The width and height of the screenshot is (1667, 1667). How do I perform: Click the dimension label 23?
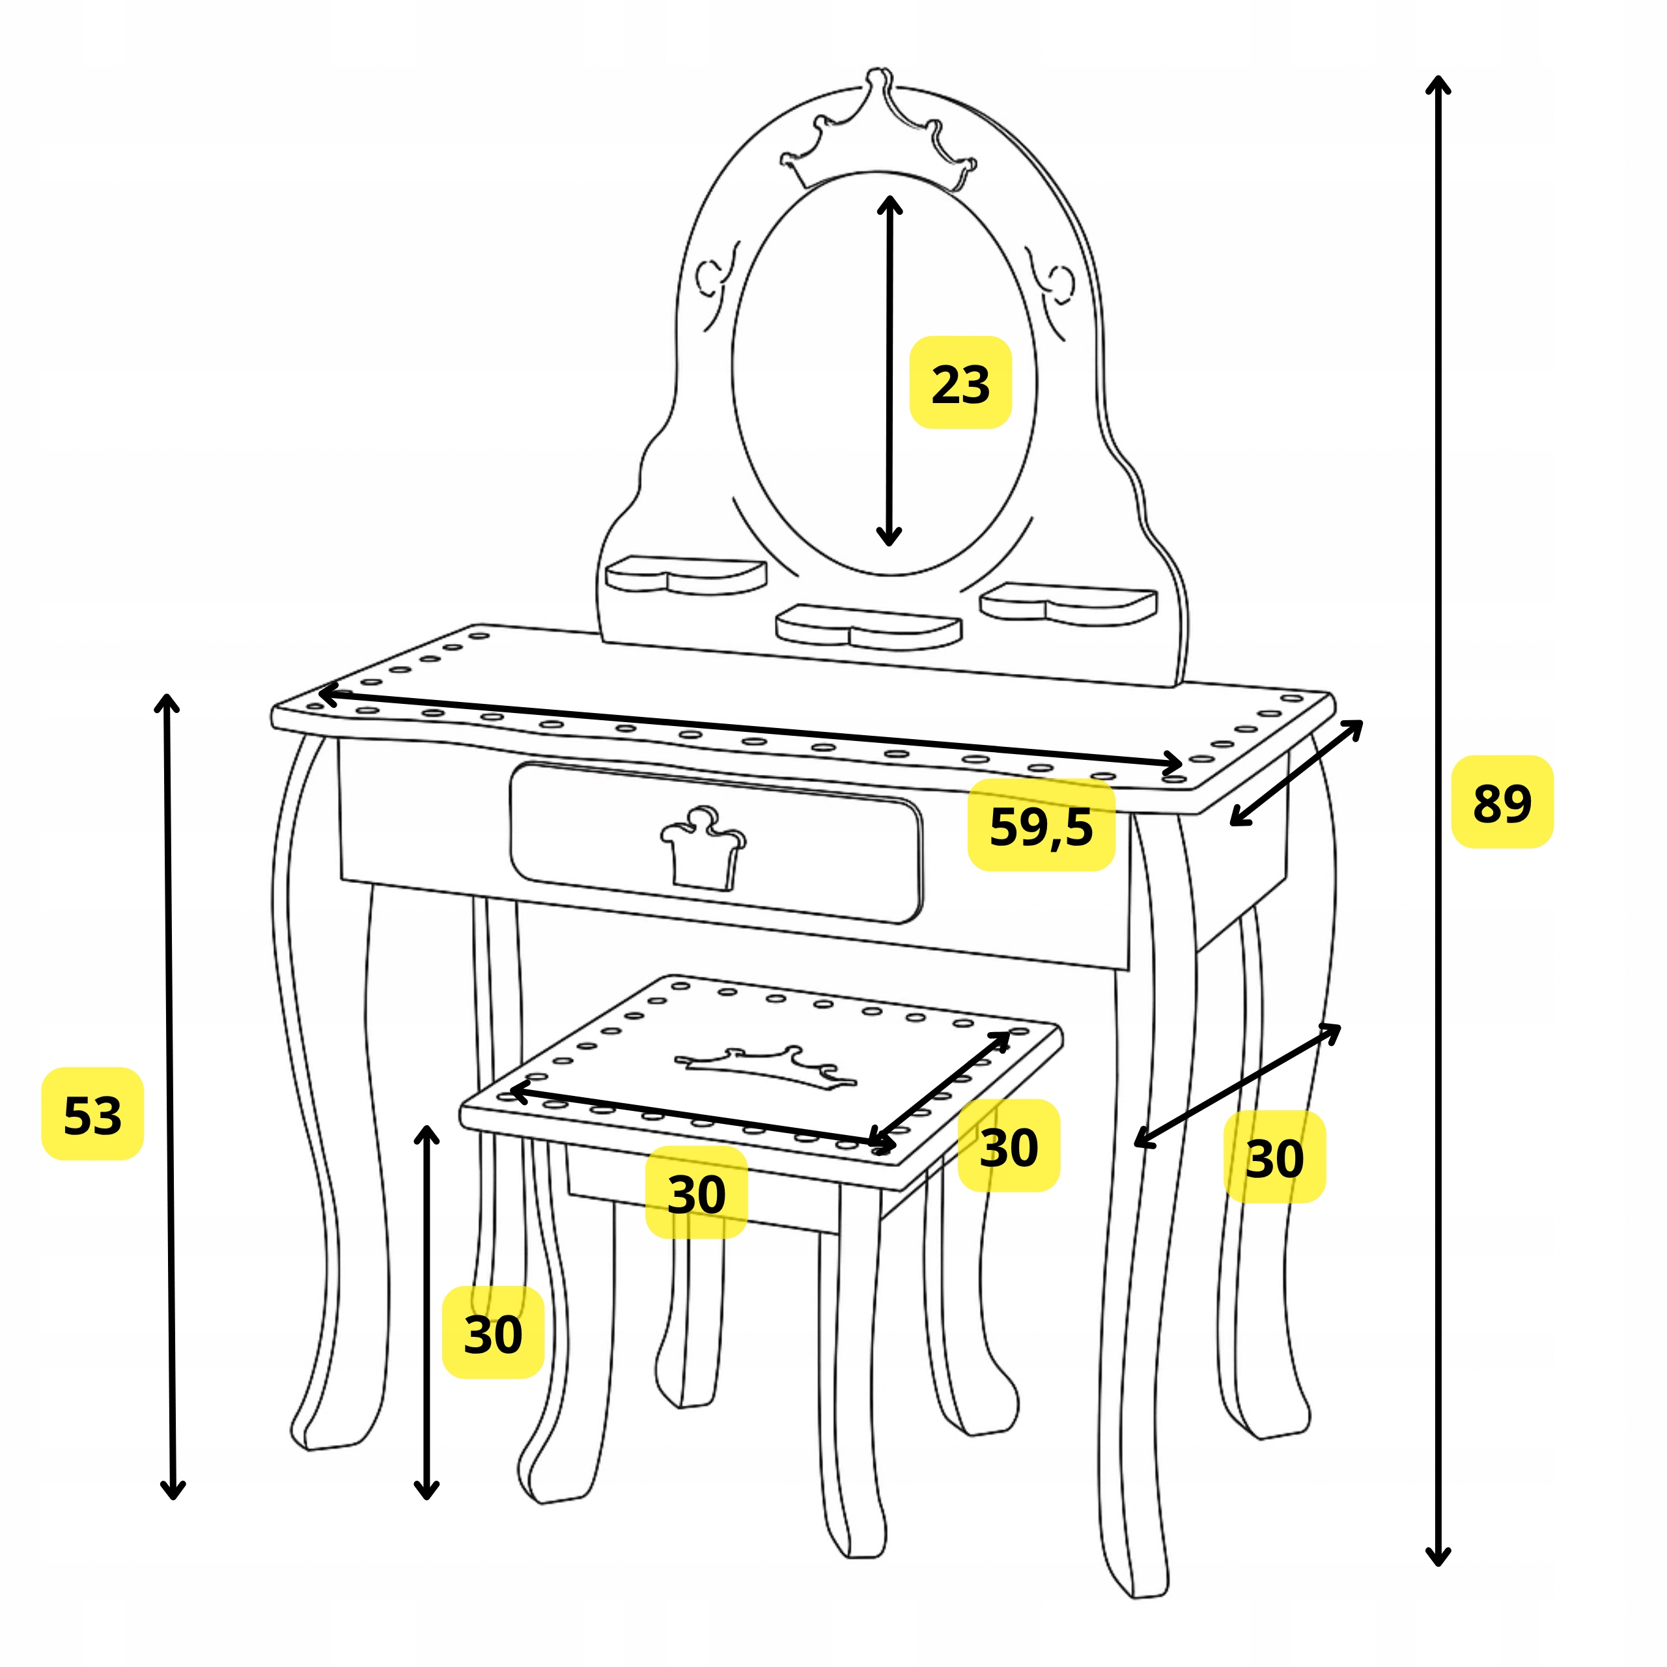960,384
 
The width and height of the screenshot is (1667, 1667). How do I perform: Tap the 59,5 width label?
1041,826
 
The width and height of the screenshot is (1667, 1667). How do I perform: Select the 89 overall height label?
1502,802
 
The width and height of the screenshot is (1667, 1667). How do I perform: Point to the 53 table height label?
92,1115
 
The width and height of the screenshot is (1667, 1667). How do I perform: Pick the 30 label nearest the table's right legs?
1274,1158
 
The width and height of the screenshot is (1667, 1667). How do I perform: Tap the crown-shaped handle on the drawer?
703,849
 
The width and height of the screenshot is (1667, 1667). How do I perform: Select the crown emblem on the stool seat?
765,1067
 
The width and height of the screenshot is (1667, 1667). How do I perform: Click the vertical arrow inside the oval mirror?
889,371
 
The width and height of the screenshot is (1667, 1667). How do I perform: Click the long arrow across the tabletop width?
749,728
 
